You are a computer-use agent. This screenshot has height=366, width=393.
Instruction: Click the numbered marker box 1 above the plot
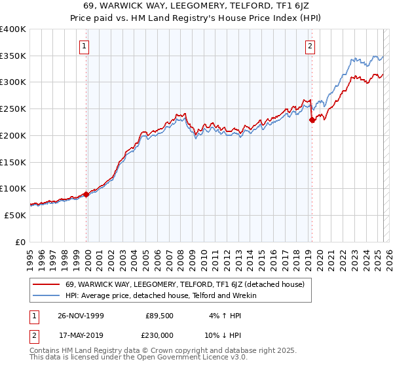click(85, 46)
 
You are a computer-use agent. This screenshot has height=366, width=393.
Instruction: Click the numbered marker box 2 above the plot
click(309, 46)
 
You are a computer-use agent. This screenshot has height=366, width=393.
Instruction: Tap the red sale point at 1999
click(86, 194)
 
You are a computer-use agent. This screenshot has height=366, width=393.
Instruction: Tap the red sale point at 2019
click(312, 120)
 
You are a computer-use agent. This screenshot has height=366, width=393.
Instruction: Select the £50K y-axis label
click(15, 215)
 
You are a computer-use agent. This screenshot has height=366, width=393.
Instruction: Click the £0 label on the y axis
click(21, 242)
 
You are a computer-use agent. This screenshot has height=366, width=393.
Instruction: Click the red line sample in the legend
click(47, 284)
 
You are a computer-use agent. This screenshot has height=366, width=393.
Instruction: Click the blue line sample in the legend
click(47, 296)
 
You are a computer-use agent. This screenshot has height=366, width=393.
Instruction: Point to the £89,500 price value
click(159, 315)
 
